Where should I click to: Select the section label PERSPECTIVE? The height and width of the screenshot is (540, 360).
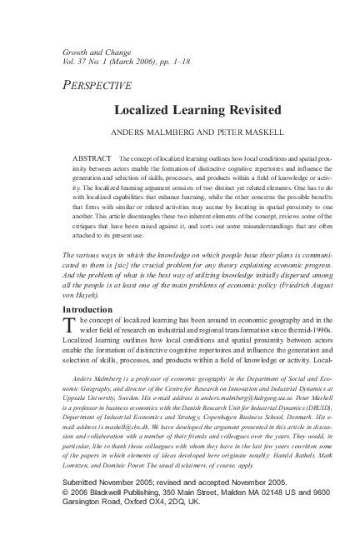97,85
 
